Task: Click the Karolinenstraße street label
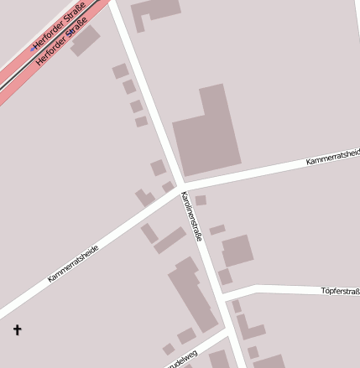point(192,215)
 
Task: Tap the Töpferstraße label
point(340,291)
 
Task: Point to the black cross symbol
point(17,330)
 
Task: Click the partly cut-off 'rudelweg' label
point(182,358)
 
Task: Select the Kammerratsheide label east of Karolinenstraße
point(332,154)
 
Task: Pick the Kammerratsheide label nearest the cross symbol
point(73,262)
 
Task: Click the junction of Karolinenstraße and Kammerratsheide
point(180,185)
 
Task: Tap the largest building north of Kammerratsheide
point(206,130)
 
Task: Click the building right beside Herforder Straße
point(85,40)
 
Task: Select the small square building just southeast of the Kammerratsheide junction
point(201,200)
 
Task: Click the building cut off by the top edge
point(156,8)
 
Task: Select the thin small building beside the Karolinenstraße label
point(217,229)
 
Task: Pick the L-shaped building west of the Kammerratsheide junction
point(144,198)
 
